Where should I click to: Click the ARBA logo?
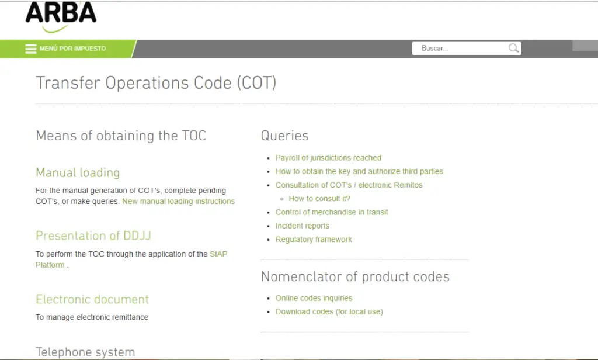(x=61, y=16)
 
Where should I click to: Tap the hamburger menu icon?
(x=30, y=49)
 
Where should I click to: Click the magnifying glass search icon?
(x=514, y=48)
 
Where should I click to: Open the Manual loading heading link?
(x=78, y=172)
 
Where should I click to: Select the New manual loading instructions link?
(x=179, y=201)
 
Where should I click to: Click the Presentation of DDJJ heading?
(x=93, y=236)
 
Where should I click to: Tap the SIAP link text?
(x=218, y=254)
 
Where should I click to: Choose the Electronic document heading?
(x=92, y=299)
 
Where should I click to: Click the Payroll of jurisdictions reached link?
(x=328, y=158)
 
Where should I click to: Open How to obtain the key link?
(x=359, y=171)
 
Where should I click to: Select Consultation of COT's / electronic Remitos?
(x=349, y=185)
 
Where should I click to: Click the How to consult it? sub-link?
(x=319, y=199)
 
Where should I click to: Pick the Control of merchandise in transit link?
(x=332, y=212)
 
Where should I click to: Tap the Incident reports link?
(x=302, y=226)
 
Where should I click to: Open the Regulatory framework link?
(x=314, y=240)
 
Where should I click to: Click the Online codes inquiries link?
(x=314, y=298)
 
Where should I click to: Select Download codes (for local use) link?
(x=329, y=311)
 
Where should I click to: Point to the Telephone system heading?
(x=85, y=352)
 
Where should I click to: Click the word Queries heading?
(x=284, y=136)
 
